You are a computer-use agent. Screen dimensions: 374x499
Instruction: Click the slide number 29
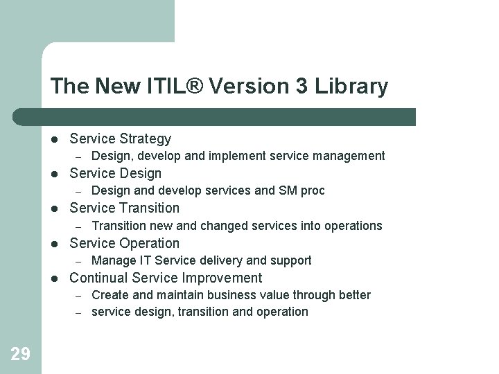pos(20,355)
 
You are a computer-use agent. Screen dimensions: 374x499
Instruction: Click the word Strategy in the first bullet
pos(145,139)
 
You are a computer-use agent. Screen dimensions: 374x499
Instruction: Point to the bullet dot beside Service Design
pos(55,173)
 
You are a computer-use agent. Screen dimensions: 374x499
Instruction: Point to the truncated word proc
pos(313,191)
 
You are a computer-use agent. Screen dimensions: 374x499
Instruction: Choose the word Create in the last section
pos(110,295)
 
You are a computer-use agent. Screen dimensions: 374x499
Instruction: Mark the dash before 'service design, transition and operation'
pos(79,312)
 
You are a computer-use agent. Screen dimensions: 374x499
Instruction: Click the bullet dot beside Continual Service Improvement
pos(55,278)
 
